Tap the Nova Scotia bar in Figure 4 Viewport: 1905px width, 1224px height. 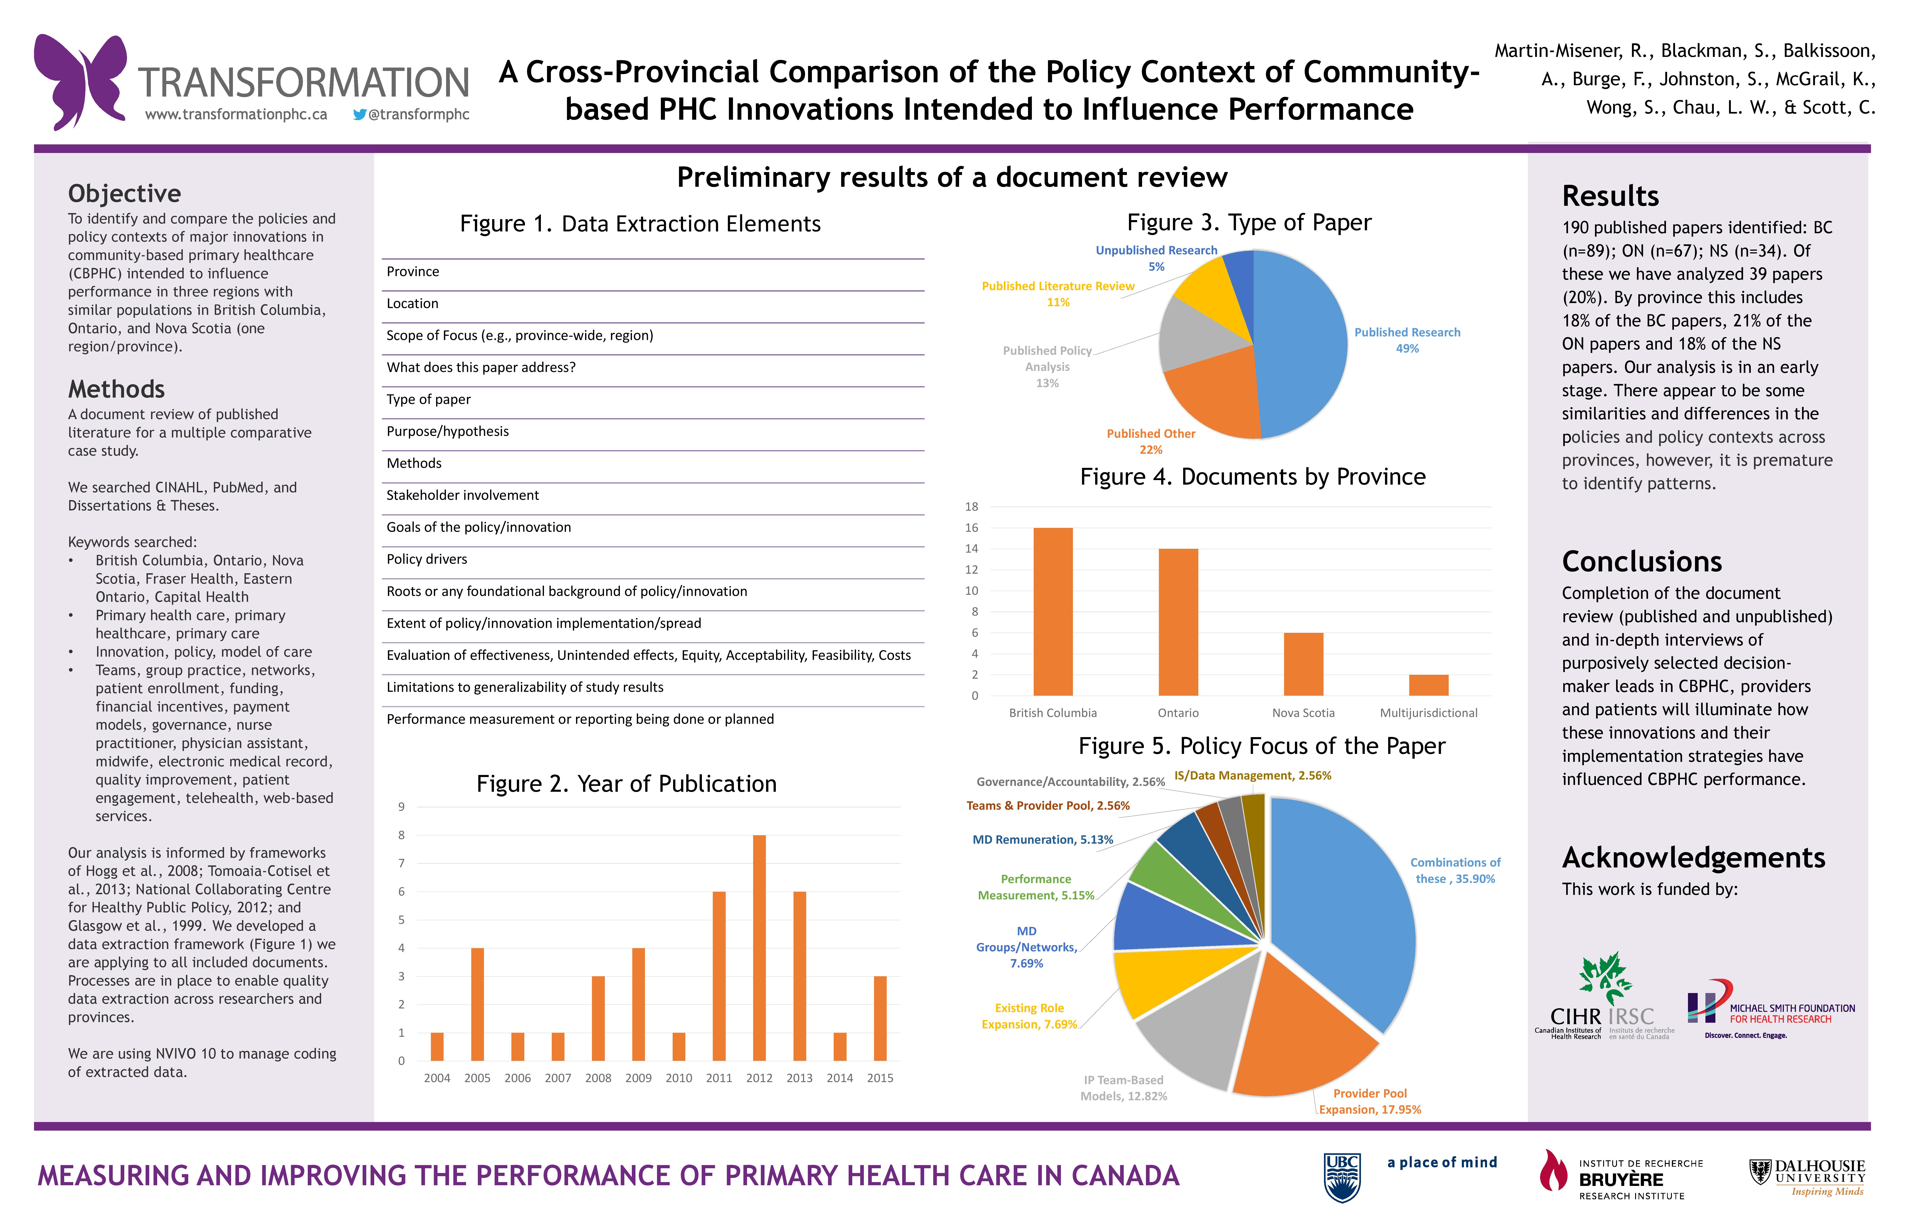(x=1303, y=664)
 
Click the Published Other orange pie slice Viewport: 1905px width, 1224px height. (x=1209, y=397)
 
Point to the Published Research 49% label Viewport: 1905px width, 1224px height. (x=1407, y=340)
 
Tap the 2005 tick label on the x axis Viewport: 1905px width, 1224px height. (x=477, y=1078)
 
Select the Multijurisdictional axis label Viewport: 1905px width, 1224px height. (x=1429, y=713)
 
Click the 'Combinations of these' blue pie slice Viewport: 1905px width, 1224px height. (x=1344, y=906)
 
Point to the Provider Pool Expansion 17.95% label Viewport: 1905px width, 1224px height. (x=1370, y=1102)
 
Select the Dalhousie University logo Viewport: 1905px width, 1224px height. (x=1807, y=1177)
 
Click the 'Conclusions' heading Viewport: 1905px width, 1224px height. (x=1642, y=562)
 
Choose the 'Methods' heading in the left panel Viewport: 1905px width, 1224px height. (x=116, y=389)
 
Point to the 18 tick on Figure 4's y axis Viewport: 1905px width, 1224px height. (x=972, y=507)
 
